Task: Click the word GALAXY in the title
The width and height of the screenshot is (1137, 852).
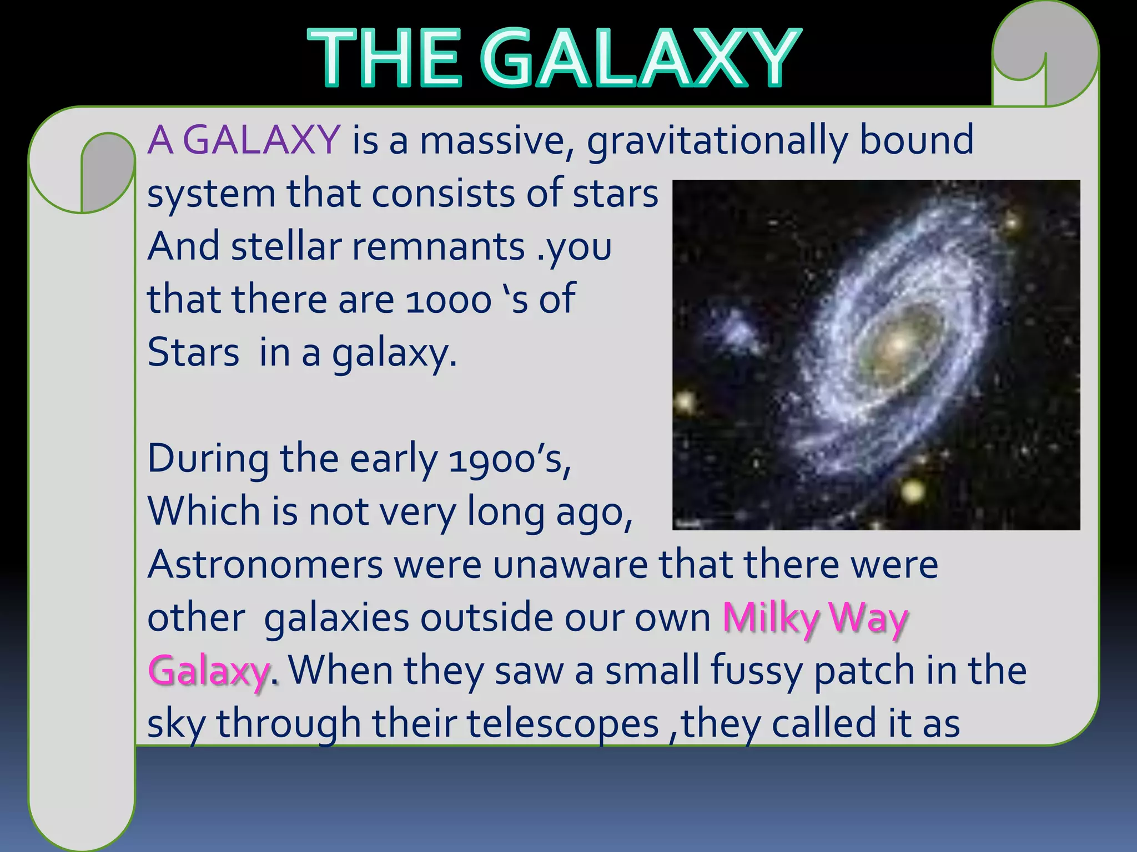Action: point(638,58)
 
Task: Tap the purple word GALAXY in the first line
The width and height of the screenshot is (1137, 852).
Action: point(261,140)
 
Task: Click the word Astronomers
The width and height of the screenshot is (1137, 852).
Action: point(265,565)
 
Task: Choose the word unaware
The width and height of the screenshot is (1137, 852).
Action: point(570,565)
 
